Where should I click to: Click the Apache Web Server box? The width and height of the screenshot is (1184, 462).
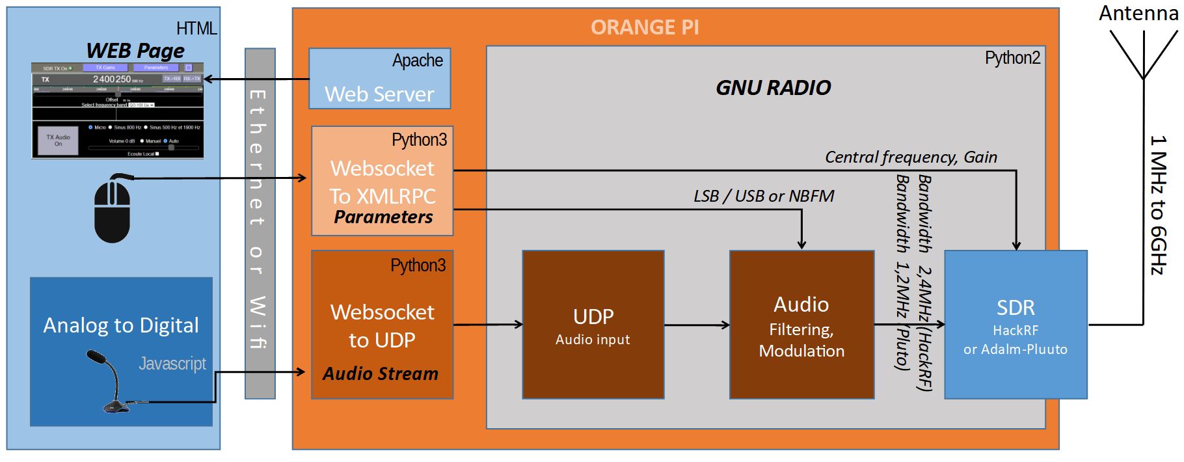[x=379, y=79]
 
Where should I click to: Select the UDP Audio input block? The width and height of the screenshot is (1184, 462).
[x=593, y=325]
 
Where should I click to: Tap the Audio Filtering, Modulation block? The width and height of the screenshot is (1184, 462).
[x=801, y=325]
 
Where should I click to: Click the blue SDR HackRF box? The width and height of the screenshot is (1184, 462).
[x=1015, y=325]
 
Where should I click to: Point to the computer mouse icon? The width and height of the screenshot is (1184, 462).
[x=113, y=211]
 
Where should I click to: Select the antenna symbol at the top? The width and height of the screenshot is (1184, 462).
[x=1143, y=55]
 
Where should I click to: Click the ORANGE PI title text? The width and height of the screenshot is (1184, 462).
[x=644, y=27]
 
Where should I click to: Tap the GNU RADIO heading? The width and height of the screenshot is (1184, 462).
[x=773, y=87]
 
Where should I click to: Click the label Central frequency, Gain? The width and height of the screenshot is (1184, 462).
[x=910, y=157]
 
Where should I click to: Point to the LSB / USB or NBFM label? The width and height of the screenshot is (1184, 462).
[x=763, y=196]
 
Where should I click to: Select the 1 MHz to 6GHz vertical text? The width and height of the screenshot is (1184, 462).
[x=1158, y=205]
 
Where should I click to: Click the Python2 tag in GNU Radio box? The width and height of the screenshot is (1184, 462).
[x=1012, y=58]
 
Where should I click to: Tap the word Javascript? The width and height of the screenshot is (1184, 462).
[x=172, y=363]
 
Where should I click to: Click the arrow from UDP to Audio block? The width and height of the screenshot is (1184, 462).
[x=696, y=325]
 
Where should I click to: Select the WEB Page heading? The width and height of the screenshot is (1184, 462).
[x=135, y=51]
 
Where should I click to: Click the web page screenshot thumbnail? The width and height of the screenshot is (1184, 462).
[x=117, y=111]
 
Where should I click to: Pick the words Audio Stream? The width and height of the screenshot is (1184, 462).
[x=381, y=374]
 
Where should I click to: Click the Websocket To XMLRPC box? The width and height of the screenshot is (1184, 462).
[x=382, y=181]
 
